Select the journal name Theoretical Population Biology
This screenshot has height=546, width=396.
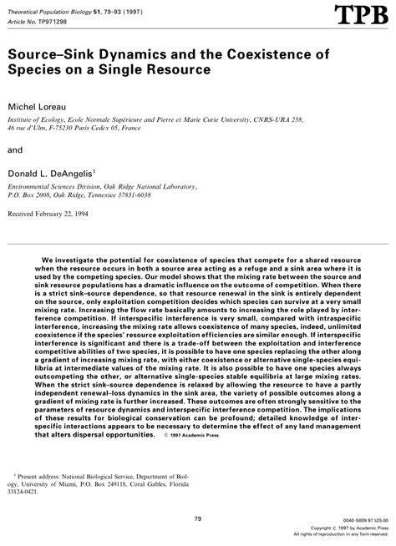point(52,8)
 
